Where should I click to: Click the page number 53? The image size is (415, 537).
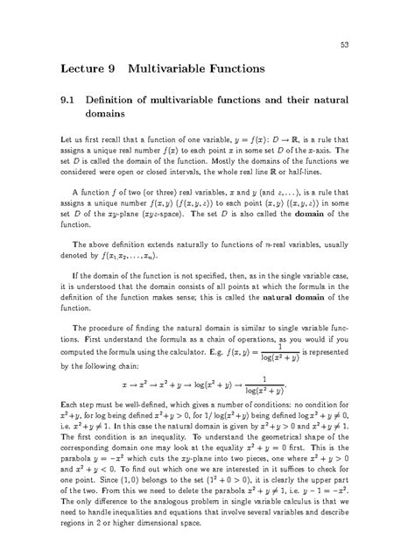point(346,44)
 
